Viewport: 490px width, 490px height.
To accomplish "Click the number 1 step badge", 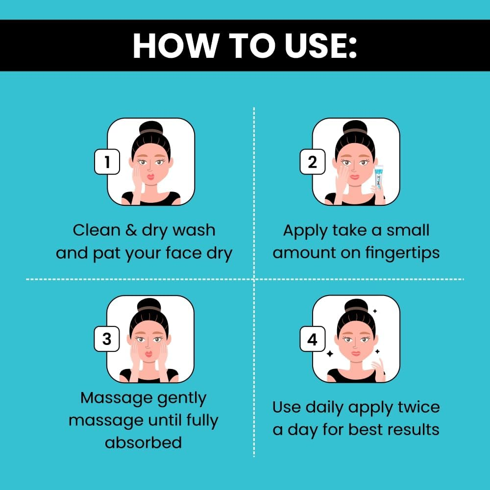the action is click(x=107, y=162).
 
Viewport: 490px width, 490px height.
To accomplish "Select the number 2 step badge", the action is click(x=313, y=162).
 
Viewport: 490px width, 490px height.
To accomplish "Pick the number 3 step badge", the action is click(x=107, y=339).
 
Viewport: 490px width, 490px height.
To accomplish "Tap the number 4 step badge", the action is click(x=313, y=339).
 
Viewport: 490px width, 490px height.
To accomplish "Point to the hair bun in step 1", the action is click(x=151, y=127).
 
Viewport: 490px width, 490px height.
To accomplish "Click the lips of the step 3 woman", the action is click(x=149, y=354).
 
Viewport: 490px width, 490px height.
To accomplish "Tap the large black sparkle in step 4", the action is click(x=330, y=354).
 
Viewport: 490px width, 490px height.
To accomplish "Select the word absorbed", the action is click(x=144, y=442).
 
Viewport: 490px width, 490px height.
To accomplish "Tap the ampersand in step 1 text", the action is click(x=131, y=230).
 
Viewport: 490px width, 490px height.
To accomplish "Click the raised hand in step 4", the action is click(x=379, y=369).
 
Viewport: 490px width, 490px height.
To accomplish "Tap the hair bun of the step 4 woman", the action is click(x=356, y=305).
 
